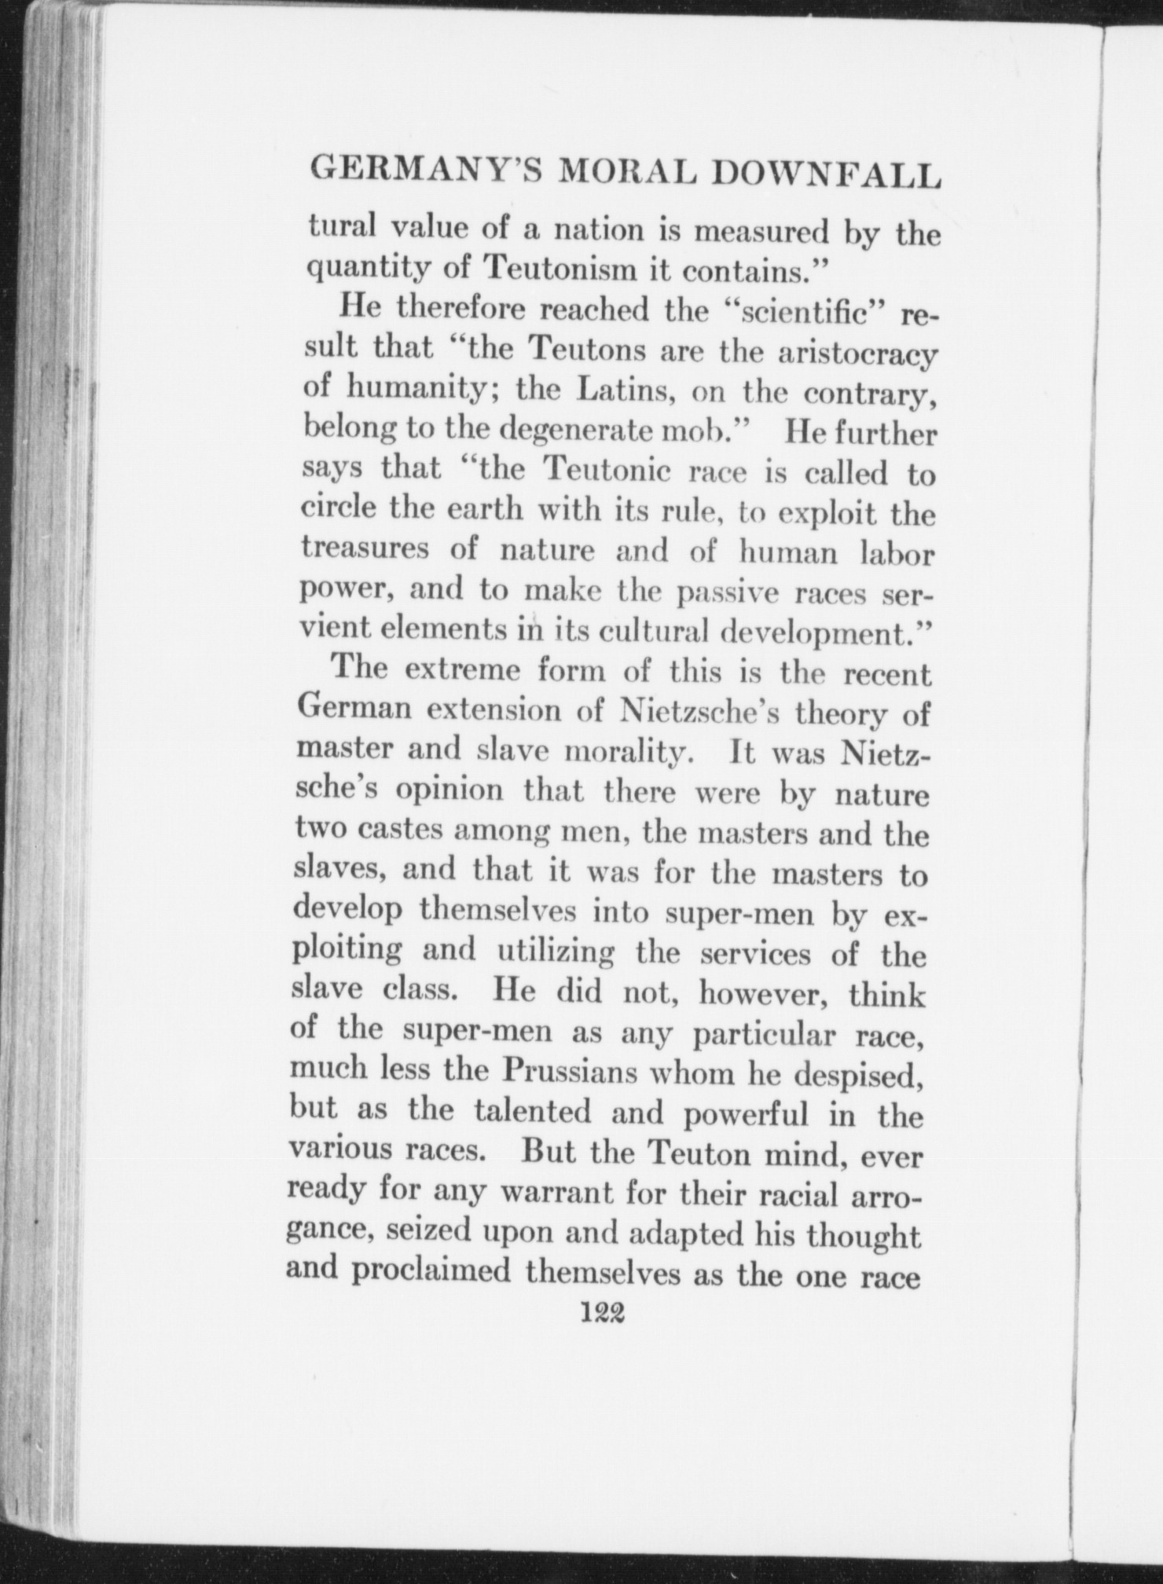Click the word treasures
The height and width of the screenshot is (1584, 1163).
[365, 550]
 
